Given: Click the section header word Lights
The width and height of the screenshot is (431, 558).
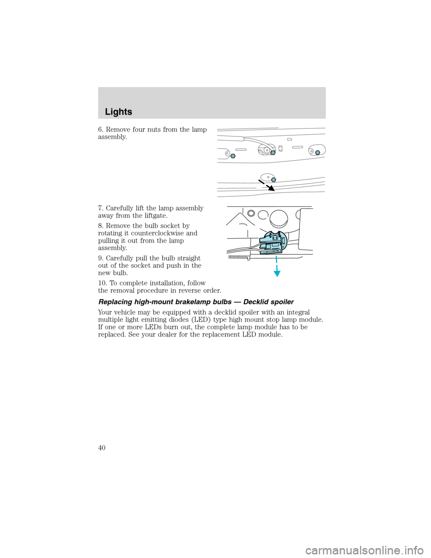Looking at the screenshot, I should tap(119, 112).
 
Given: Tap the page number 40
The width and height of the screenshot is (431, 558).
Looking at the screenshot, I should tap(102, 447).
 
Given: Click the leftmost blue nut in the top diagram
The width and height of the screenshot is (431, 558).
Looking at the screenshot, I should tap(233, 156).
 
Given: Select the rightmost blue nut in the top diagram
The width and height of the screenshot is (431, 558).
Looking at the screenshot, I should tap(317, 152).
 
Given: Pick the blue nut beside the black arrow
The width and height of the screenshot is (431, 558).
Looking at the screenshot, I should tap(273, 180).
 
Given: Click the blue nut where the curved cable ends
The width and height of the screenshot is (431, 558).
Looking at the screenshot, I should tap(273, 152).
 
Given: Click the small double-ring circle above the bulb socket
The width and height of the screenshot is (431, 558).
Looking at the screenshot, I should tap(251, 213).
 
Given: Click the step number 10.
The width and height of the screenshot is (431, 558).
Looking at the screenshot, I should tap(102, 283).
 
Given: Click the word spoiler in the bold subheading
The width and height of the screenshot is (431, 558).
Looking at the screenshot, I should tap(281, 302).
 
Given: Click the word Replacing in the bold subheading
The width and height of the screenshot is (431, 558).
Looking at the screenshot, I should tap(114, 302).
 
